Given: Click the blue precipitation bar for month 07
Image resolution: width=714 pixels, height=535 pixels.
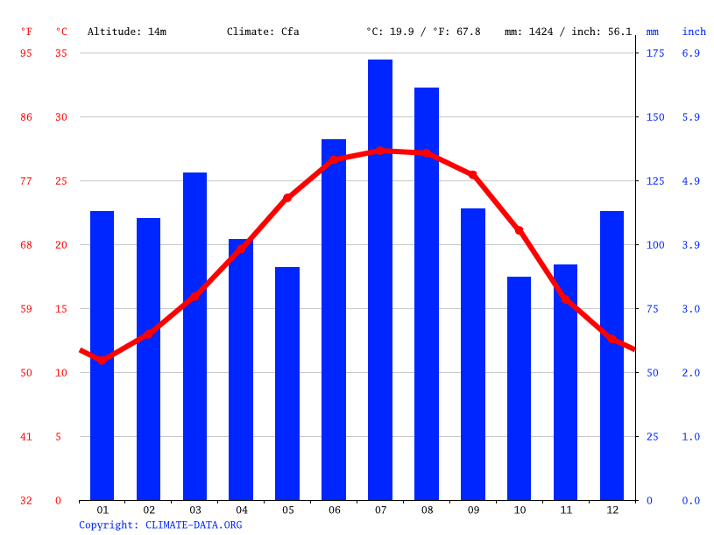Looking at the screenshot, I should click(380, 280).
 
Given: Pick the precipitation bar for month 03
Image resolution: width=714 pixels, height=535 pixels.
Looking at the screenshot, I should click(194, 336).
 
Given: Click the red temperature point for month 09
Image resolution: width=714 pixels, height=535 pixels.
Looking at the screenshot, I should click(473, 175).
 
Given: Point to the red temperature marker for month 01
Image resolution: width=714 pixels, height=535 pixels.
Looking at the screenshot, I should click(103, 360).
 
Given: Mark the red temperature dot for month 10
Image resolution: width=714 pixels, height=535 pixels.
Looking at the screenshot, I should click(519, 230).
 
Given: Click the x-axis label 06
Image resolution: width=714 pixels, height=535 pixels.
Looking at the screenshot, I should click(334, 510).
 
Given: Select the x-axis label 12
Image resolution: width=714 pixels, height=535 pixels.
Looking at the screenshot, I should click(611, 510).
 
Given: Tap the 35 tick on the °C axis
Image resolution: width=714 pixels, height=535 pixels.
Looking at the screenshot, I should click(61, 53).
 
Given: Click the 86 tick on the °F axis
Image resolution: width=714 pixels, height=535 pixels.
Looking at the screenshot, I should click(26, 117).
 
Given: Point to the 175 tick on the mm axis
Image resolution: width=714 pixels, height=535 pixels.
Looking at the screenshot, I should click(655, 53).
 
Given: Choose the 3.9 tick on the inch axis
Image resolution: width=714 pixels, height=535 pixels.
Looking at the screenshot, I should click(690, 245).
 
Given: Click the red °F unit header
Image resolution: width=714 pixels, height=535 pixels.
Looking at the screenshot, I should click(26, 32).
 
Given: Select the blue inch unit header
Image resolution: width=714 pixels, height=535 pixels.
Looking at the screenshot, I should click(694, 32).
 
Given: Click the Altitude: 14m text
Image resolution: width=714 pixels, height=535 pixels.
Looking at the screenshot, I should click(127, 32).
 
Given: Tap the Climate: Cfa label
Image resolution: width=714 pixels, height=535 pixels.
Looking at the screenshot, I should click(263, 32).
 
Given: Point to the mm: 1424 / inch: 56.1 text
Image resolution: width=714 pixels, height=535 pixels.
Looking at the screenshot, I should click(568, 32).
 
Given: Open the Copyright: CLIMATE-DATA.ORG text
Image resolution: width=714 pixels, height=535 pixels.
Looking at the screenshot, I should click(160, 524).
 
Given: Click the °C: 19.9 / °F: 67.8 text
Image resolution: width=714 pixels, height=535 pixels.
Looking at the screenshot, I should click(423, 32).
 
